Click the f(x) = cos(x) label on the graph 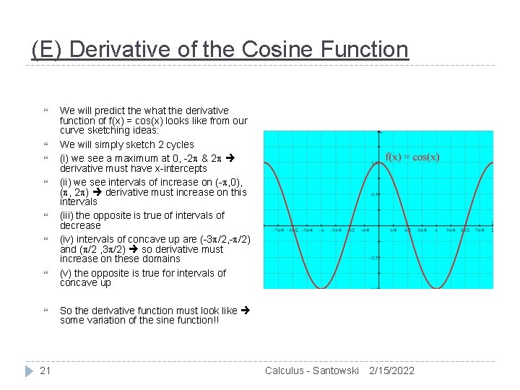click(412, 157)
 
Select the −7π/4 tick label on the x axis click(279, 230)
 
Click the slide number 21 click(45, 370)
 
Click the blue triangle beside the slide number click(28, 370)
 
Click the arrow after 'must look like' click(245, 311)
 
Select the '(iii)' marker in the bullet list click(68, 215)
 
